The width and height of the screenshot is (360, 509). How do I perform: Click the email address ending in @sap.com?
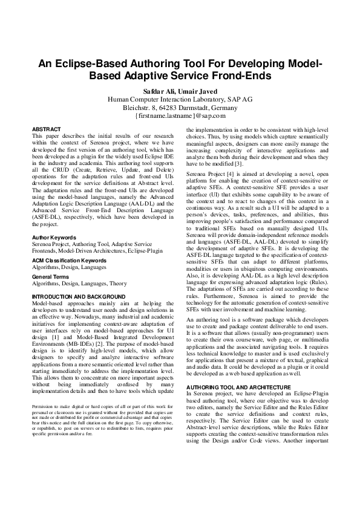pos(180,115)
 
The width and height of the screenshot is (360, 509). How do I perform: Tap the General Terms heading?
pos(51,275)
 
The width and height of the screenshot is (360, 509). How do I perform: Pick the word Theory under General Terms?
pos(118,282)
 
